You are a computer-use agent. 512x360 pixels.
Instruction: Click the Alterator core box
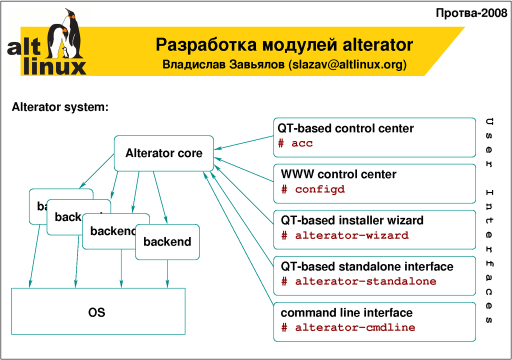(x=164, y=153)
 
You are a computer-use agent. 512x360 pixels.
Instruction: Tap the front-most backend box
(x=167, y=242)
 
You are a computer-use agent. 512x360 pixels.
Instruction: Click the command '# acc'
(x=295, y=143)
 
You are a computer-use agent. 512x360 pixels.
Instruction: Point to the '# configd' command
(x=313, y=189)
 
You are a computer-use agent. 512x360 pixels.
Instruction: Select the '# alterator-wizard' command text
(x=344, y=235)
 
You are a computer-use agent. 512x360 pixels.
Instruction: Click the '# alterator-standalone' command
(x=358, y=281)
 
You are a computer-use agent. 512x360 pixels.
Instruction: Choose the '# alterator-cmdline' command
(x=348, y=328)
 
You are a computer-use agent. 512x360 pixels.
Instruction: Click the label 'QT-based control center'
(x=346, y=128)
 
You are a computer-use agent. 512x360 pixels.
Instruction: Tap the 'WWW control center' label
(x=338, y=174)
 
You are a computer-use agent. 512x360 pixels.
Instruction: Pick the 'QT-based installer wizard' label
(x=352, y=220)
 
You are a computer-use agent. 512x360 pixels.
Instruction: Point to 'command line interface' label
(x=346, y=313)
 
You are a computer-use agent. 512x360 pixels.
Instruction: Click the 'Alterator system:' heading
(x=60, y=107)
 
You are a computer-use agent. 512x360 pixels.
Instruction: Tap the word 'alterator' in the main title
(x=377, y=45)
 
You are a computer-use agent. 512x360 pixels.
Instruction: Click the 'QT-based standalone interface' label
(x=367, y=266)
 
